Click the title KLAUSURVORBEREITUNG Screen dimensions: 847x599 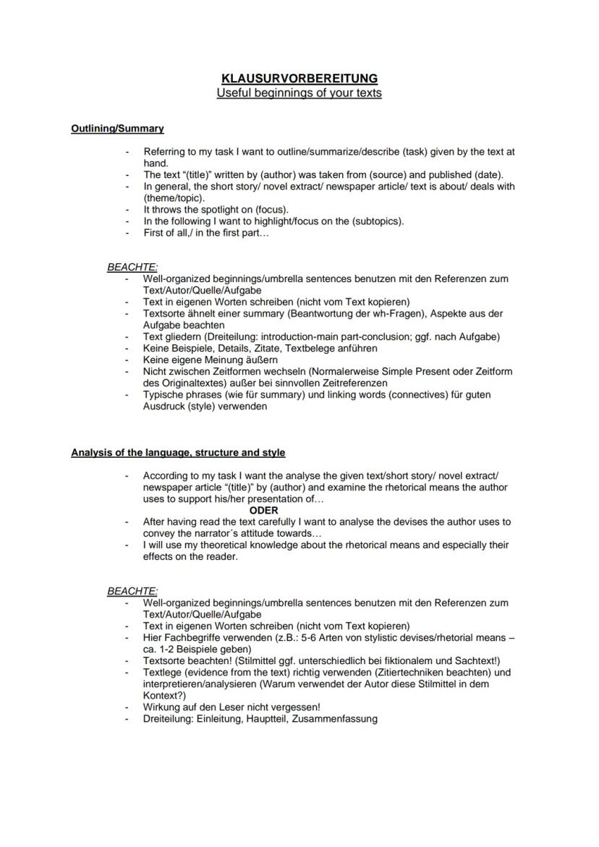tap(299, 78)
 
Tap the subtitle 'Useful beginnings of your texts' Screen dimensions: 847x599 tap(299, 93)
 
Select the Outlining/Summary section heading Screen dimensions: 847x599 tap(117, 129)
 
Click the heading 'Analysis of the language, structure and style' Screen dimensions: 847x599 tap(178, 453)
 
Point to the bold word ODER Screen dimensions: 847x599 tap(263, 510)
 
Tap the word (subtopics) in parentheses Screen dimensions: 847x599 tap(377, 221)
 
